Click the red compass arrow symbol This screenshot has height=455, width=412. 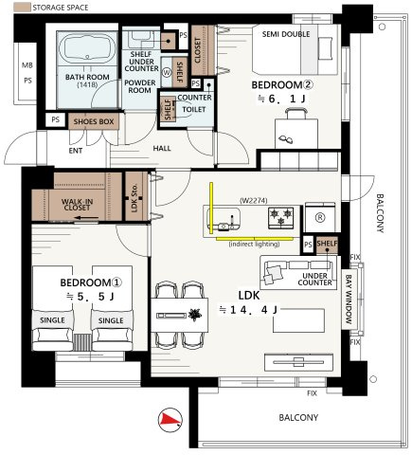[x=170, y=420]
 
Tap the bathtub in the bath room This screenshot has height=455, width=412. [x=87, y=48]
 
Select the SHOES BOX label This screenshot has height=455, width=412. [x=94, y=121]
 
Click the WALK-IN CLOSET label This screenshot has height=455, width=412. [x=77, y=205]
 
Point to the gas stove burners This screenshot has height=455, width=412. [x=281, y=218]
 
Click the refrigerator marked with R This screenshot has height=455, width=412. [x=320, y=218]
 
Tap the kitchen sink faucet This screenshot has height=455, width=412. [x=232, y=222]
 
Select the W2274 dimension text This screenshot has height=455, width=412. [x=254, y=200]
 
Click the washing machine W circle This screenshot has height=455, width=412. [x=167, y=72]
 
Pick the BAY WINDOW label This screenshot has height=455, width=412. [x=349, y=299]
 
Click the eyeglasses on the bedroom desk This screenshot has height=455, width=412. [x=286, y=139]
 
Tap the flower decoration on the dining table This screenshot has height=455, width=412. [x=195, y=315]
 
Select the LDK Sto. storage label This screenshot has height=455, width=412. [x=134, y=197]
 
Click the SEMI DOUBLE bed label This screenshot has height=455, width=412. [x=286, y=34]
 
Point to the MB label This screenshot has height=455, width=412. [x=27, y=65]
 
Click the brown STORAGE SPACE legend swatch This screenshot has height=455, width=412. [x=22, y=8]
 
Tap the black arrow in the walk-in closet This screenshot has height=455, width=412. [x=87, y=218]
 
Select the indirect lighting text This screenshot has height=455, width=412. [x=254, y=245]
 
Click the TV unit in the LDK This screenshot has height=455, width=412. [x=298, y=362]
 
